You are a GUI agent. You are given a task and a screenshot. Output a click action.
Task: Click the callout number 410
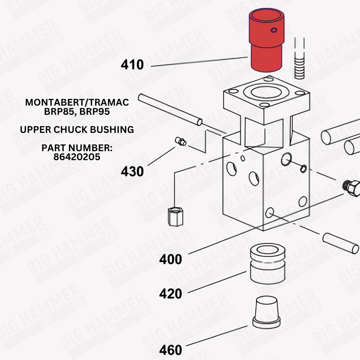[x=132, y=65]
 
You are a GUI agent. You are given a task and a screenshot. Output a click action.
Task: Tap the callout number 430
[x=132, y=171]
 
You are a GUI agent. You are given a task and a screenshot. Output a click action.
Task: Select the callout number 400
[x=171, y=259]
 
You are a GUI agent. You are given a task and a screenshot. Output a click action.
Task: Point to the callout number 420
[x=171, y=294]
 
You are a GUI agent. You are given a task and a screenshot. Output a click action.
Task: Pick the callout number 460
[x=171, y=350]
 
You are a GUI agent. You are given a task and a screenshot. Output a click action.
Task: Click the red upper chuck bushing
[x=266, y=40]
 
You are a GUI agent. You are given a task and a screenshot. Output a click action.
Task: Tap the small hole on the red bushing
[x=274, y=30]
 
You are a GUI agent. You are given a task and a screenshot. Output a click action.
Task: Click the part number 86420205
[x=77, y=157]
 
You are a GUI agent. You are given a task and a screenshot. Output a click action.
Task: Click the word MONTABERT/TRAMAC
[x=77, y=102]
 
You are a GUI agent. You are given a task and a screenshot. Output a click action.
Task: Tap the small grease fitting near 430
[x=181, y=141]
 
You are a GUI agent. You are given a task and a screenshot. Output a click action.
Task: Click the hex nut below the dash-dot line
[x=175, y=217]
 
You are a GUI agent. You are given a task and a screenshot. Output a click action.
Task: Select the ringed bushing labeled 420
[x=268, y=264]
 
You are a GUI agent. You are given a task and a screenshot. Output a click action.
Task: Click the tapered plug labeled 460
[x=266, y=312]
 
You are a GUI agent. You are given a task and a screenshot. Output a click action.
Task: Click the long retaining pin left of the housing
[x=170, y=110]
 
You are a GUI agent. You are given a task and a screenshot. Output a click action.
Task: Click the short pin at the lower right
[x=341, y=243]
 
